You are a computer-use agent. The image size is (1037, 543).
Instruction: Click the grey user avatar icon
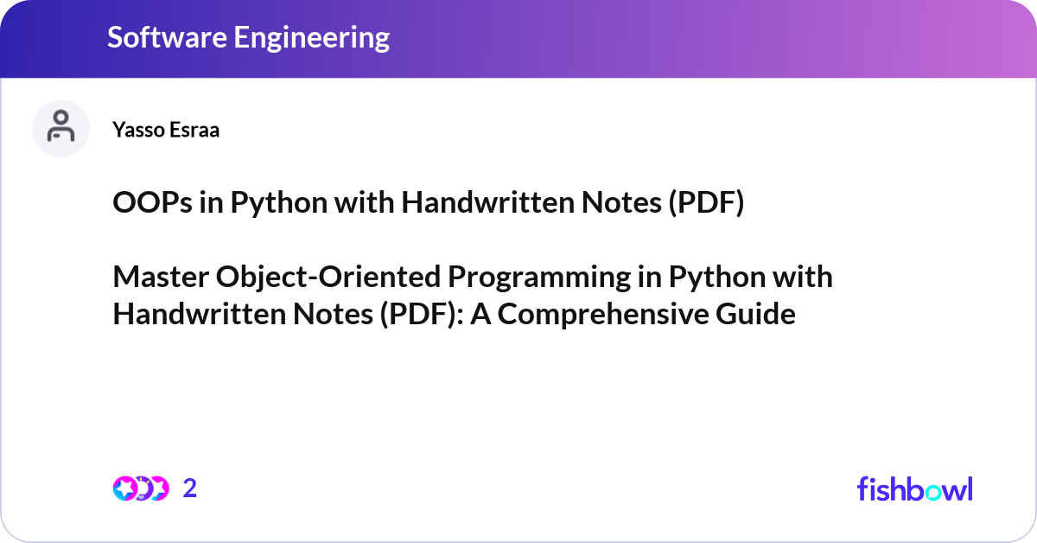[60, 128]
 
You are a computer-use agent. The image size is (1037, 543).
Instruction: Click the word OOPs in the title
[145, 204]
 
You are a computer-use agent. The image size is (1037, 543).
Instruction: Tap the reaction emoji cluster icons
[140, 489]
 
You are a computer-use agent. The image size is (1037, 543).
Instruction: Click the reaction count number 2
[190, 489]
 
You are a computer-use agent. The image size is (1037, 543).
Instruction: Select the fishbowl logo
[914, 489]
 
